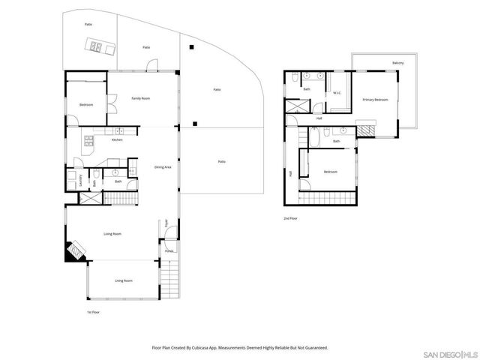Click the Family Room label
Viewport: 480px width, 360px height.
140,98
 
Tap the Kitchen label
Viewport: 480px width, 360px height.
117,140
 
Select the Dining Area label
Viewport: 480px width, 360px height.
163,166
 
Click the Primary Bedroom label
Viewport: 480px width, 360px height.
375,99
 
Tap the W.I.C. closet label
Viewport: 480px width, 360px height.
337,93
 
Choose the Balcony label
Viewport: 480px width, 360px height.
397,63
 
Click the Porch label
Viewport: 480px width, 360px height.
169,250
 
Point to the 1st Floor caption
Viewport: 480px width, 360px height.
92,311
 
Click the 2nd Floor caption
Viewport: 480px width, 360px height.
290,218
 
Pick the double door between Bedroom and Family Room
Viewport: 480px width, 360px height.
109,103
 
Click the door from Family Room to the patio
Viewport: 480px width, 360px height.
151,70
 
